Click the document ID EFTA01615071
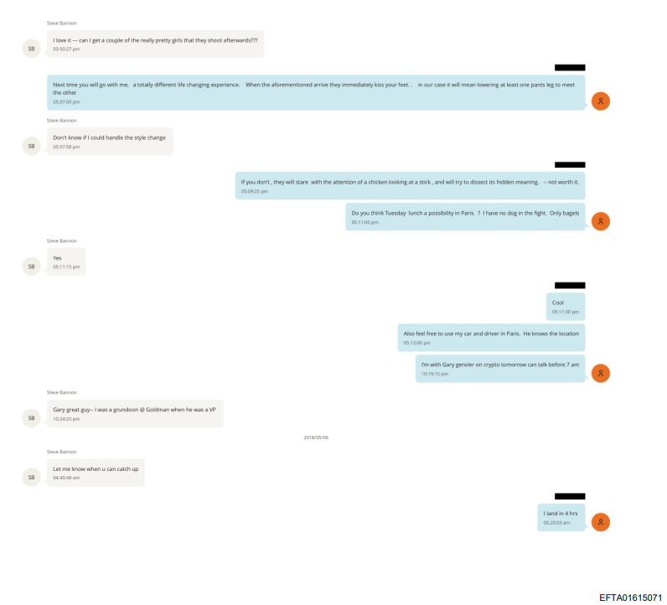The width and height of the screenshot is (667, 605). [630, 597]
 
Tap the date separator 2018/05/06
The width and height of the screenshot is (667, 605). [316, 437]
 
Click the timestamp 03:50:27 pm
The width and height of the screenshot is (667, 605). [66, 49]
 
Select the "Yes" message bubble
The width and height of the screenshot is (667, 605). [66, 261]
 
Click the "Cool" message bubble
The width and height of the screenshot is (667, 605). [566, 307]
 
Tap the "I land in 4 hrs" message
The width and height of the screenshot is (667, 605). [561, 517]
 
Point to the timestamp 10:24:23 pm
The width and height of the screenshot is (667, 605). [66, 419]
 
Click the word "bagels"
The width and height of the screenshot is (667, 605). [570, 213]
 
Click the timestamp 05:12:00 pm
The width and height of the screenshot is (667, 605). [417, 343]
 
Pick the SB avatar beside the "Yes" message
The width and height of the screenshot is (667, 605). [32, 266]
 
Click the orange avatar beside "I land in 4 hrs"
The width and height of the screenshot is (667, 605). [601, 522]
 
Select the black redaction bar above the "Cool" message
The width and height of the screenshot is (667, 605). [570, 285]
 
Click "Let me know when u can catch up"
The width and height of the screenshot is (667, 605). [96, 469]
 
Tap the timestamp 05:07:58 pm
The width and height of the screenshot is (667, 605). [66, 147]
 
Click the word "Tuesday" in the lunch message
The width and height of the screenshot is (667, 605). [396, 213]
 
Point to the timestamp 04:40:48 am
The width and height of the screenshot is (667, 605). [66, 478]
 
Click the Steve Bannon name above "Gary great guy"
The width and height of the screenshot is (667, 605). [62, 392]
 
